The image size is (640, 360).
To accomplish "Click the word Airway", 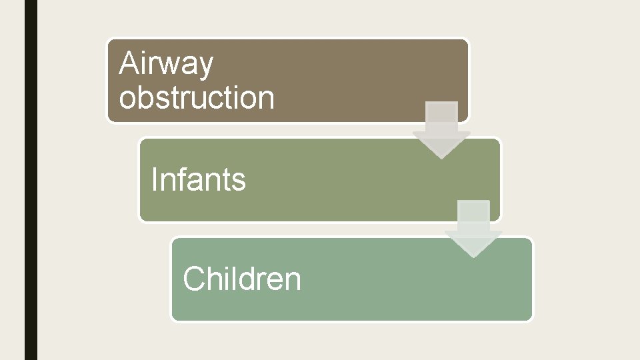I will click(166, 65).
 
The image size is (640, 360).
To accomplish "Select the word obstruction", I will click(197, 97).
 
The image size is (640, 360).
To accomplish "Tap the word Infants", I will click(199, 179).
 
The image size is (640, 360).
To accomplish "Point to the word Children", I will click(242, 279).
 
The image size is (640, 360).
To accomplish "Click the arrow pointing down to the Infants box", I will click(441, 129).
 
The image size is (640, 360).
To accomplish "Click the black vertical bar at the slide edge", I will click(31, 180).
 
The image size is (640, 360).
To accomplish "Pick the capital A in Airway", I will click(129, 64).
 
